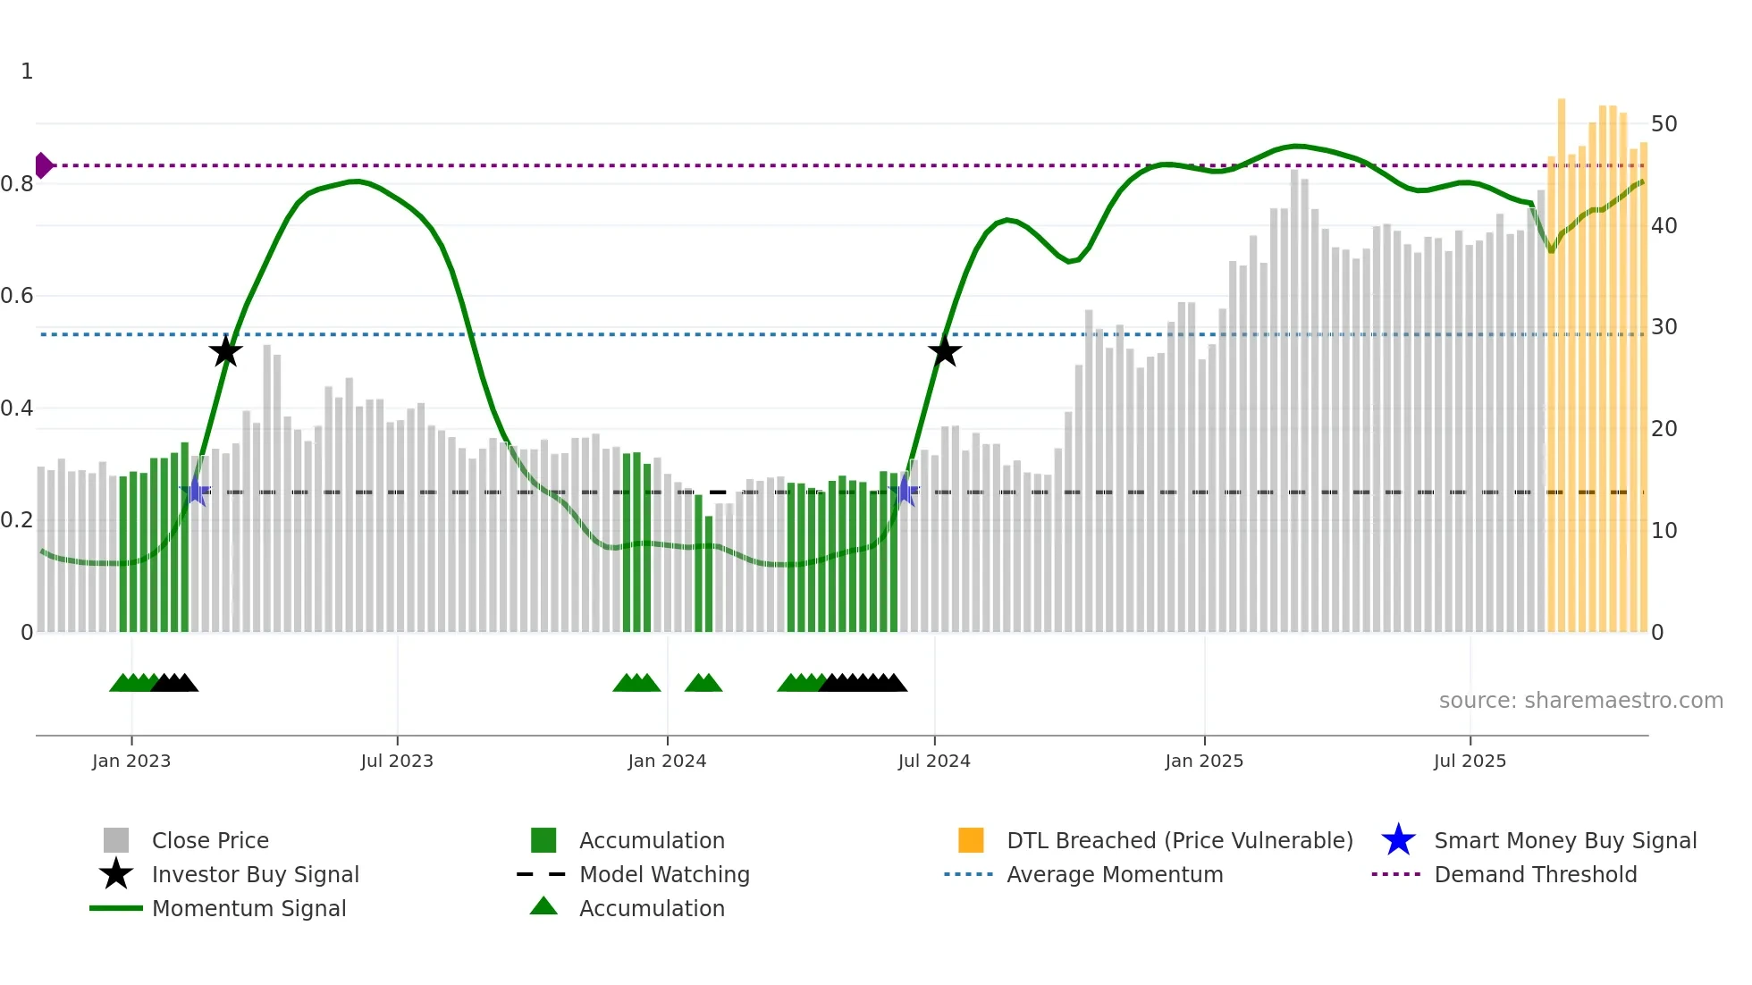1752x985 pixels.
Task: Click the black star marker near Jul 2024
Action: pos(944,351)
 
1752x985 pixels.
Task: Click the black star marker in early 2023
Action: pos(225,351)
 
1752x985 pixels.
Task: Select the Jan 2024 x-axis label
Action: pos(667,761)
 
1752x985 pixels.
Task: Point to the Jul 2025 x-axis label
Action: pos(1470,761)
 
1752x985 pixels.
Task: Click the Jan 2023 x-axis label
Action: pos(131,761)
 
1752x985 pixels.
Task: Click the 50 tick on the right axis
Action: pos(1664,124)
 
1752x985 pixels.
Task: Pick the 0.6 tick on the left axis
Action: pos(18,296)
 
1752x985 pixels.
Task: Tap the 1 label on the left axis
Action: pos(27,72)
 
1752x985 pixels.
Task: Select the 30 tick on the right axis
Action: pos(1664,327)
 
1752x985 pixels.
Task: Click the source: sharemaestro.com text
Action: pos(1580,701)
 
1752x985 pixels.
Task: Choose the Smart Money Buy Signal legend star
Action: pos(1398,840)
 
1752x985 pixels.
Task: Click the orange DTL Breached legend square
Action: pos(971,840)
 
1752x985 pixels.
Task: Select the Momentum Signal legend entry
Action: pos(248,908)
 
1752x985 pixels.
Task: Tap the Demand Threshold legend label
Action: pos(1535,874)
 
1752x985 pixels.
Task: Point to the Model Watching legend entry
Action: pos(663,874)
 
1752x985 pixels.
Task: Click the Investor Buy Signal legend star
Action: pos(116,874)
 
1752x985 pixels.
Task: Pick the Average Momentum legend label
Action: pos(1114,874)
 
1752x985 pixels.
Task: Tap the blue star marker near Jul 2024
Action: pos(905,491)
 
